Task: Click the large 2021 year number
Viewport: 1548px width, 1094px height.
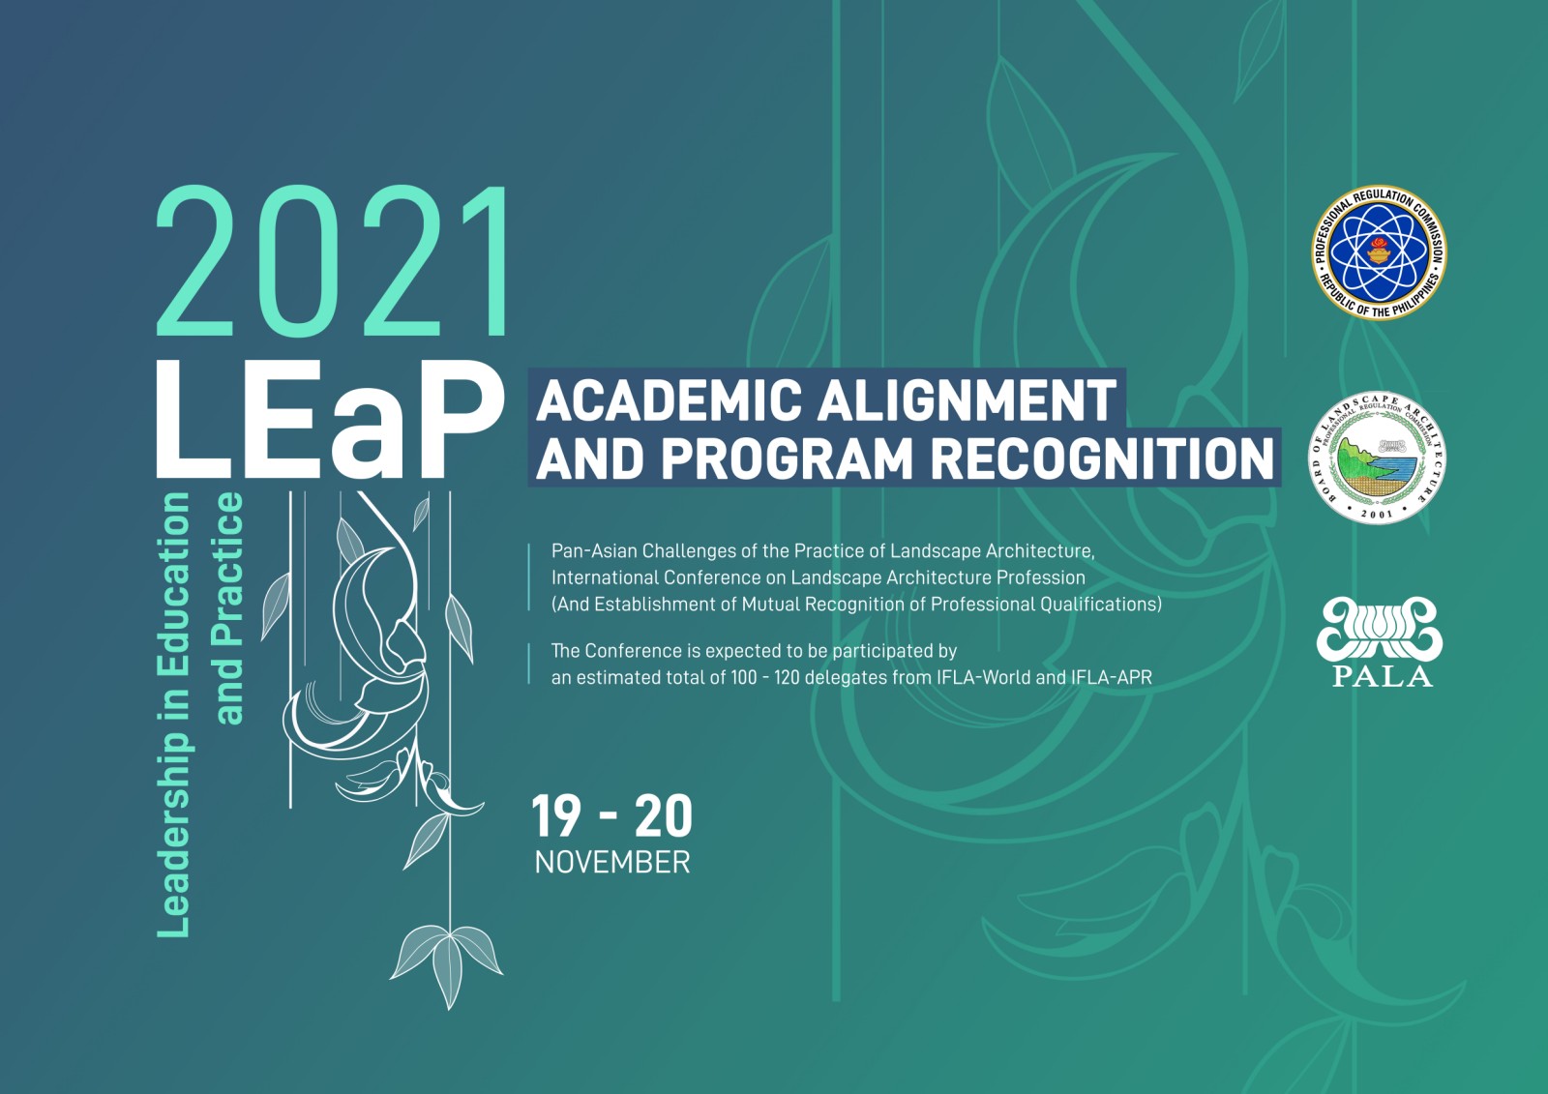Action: [333, 261]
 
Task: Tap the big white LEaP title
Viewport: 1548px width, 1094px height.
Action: [330, 420]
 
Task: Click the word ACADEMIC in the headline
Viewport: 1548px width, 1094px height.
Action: [669, 400]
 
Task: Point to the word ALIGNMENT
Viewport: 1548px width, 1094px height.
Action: [967, 400]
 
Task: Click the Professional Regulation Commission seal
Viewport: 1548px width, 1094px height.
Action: [1379, 252]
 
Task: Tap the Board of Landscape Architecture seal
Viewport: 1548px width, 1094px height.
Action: [1378, 458]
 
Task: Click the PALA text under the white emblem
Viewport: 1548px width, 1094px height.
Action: [1383, 675]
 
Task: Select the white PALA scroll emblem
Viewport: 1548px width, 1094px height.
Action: [1380, 629]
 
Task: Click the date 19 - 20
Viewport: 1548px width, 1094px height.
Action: [612, 816]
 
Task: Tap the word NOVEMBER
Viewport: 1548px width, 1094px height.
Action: [612, 863]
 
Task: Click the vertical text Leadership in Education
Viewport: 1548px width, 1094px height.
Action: [173, 715]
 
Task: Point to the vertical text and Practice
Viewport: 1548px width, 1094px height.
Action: [228, 608]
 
